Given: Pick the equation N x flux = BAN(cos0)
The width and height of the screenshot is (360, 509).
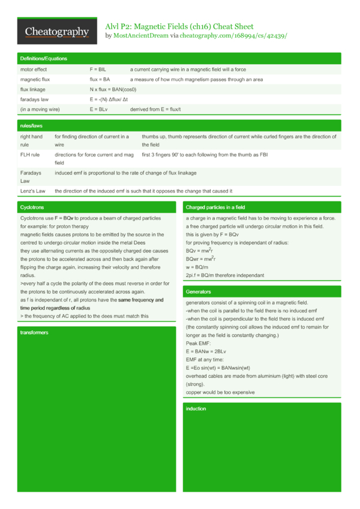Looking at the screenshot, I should (x=117, y=89).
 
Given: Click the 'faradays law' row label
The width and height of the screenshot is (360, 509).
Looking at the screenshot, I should (x=35, y=99).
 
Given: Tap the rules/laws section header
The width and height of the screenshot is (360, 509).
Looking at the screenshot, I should (x=31, y=126).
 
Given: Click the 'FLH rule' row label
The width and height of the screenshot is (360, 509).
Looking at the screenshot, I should (x=30, y=154).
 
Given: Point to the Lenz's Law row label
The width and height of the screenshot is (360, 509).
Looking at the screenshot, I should (x=33, y=191).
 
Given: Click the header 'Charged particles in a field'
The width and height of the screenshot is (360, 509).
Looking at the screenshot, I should (x=215, y=207).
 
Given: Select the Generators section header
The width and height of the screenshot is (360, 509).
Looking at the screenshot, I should (x=199, y=291).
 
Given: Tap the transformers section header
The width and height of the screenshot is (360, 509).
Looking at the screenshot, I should (x=34, y=332).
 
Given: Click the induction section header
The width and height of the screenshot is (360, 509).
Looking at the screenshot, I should (x=196, y=408).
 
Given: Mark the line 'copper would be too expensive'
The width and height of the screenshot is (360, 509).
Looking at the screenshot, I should (x=220, y=392).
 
